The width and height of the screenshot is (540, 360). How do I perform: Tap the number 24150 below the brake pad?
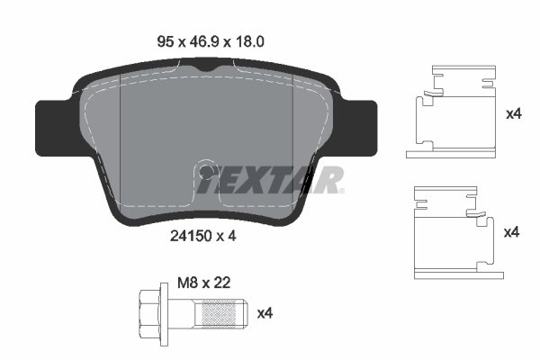click(188, 237)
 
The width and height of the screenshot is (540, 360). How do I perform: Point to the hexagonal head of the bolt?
click(148, 312)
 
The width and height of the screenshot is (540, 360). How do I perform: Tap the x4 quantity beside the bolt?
click(265, 312)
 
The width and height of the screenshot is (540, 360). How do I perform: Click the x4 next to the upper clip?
click(513, 114)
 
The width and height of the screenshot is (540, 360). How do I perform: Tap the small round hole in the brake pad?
click(206, 170)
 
